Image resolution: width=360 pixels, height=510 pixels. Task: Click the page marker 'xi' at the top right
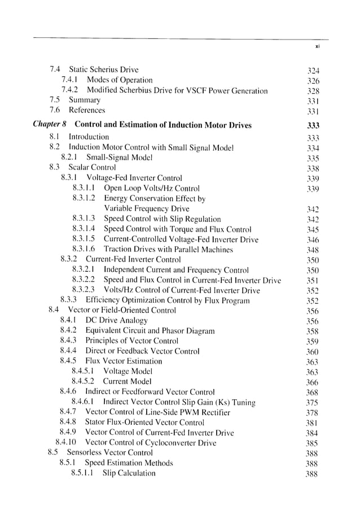(317, 47)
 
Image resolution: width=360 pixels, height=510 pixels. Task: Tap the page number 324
(313, 71)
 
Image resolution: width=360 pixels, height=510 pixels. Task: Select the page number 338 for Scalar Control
(313, 168)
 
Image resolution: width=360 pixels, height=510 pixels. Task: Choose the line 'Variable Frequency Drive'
(147, 209)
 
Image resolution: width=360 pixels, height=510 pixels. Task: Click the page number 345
(313, 229)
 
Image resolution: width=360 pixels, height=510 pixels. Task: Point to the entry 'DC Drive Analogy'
(116, 321)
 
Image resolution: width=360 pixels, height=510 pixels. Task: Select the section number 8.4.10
(68, 443)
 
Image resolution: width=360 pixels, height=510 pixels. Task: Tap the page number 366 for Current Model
(313, 382)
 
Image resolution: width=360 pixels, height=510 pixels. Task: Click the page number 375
(313, 403)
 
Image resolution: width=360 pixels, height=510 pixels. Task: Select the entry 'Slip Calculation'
(129, 473)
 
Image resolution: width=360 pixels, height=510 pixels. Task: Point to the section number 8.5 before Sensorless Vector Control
(53, 453)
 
